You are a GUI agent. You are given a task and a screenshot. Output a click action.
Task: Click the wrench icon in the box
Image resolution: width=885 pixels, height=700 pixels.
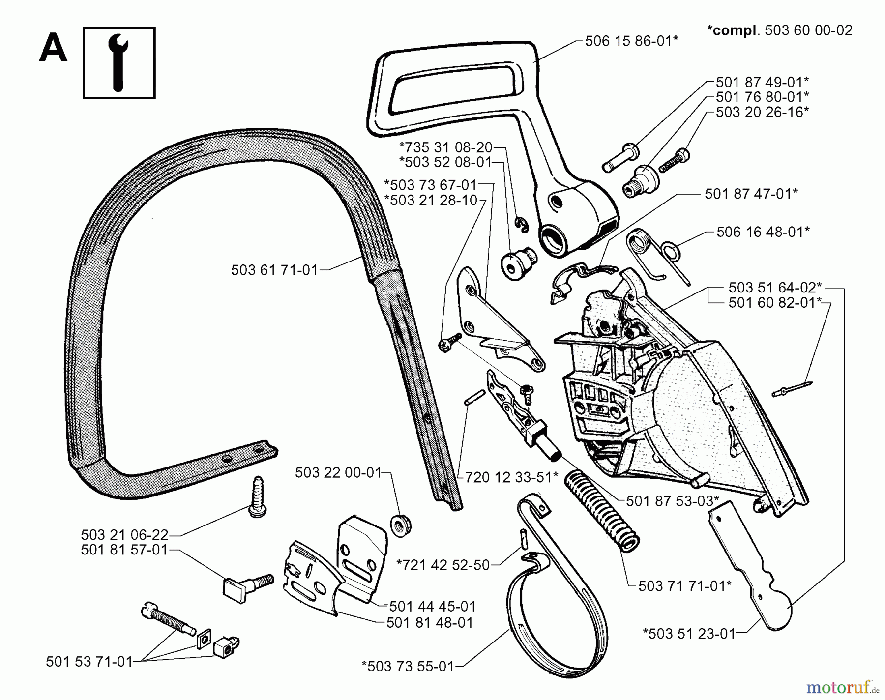click(118, 62)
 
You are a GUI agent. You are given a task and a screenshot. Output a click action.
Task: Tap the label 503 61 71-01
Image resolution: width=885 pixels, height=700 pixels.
click(274, 270)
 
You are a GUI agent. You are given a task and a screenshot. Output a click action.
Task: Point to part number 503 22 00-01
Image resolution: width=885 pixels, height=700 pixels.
click(338, 473)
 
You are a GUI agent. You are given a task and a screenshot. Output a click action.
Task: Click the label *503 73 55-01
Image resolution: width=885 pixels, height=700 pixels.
click(408, 667)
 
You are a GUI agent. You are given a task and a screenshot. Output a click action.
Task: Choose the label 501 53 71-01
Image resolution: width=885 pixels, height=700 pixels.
click(89, 662)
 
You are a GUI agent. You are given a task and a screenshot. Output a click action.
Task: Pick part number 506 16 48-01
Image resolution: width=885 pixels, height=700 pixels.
click(763, 232)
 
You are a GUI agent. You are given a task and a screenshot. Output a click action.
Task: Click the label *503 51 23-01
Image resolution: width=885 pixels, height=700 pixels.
click(689, 634)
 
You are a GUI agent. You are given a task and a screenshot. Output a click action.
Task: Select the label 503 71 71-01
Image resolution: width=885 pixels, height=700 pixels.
click(684, 586)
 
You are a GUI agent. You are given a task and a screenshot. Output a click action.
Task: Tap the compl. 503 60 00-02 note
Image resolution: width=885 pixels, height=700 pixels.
click(779, 30)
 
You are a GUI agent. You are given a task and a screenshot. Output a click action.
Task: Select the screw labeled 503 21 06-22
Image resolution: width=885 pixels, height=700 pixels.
click(258, 496)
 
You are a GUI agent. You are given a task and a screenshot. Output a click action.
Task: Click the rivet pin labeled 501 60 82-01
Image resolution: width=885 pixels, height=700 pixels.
click(792, 388)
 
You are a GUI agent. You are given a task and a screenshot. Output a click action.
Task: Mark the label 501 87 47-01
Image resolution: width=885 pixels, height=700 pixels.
click(751, 194)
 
